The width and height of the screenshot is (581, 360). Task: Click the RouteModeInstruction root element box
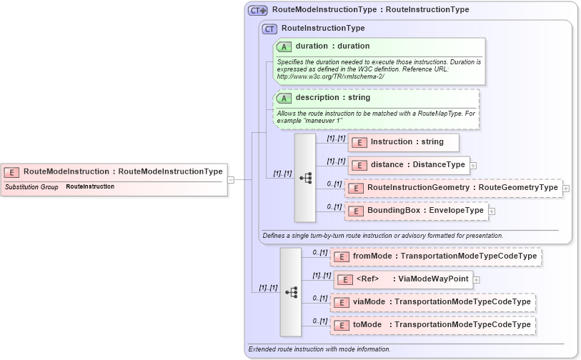[x=114, y=171]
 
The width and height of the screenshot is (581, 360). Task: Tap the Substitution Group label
[x=31, y=187]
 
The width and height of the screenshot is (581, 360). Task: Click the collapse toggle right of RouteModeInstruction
[x=231, y=180]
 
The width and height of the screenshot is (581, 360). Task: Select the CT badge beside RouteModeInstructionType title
[x=257, y=10]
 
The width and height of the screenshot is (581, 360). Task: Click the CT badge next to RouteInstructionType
[x=270, y=29]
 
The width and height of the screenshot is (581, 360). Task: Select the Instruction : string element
[x=404, y=142]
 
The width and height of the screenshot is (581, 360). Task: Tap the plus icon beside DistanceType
[x=473, y=165]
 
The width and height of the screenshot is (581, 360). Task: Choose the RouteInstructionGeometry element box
[x=453, y=188]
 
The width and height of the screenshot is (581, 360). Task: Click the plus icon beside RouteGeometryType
[x=566, y=188]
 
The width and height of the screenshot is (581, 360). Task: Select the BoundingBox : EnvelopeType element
[x=417, y=211]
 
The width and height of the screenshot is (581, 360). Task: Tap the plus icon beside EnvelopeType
[x=492, y=211]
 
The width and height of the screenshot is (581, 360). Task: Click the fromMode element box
[x=435, y=256]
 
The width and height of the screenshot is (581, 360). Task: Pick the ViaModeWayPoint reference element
[x=403, y=279]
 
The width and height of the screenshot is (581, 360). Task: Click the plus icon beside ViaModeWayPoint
[x=477, y=279]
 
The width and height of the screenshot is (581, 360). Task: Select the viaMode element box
[x=432, y=302]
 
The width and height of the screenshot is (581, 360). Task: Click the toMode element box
[x=432, y=325]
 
